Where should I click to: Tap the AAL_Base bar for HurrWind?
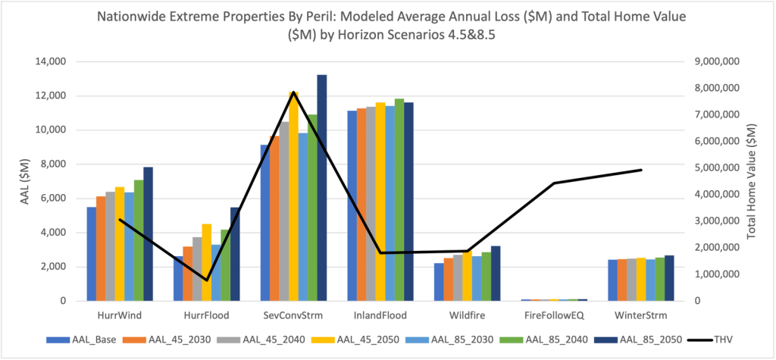(91, 254)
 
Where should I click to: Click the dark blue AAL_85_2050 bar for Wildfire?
(496, 274)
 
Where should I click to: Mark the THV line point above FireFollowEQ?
(554, 183)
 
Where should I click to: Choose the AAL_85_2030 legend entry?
(465, 338)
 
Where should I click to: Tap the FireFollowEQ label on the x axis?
(554, 314)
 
